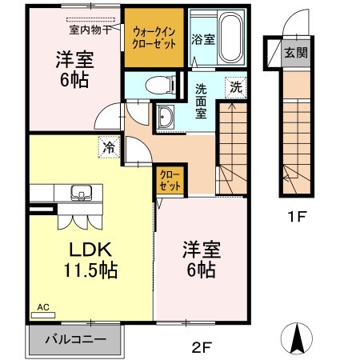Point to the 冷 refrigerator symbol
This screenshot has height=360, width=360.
(108, 146)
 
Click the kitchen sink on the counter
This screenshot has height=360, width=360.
(81, 193)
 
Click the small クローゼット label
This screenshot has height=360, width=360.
(169, 178)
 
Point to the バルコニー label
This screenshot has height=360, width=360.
(76, 340)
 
